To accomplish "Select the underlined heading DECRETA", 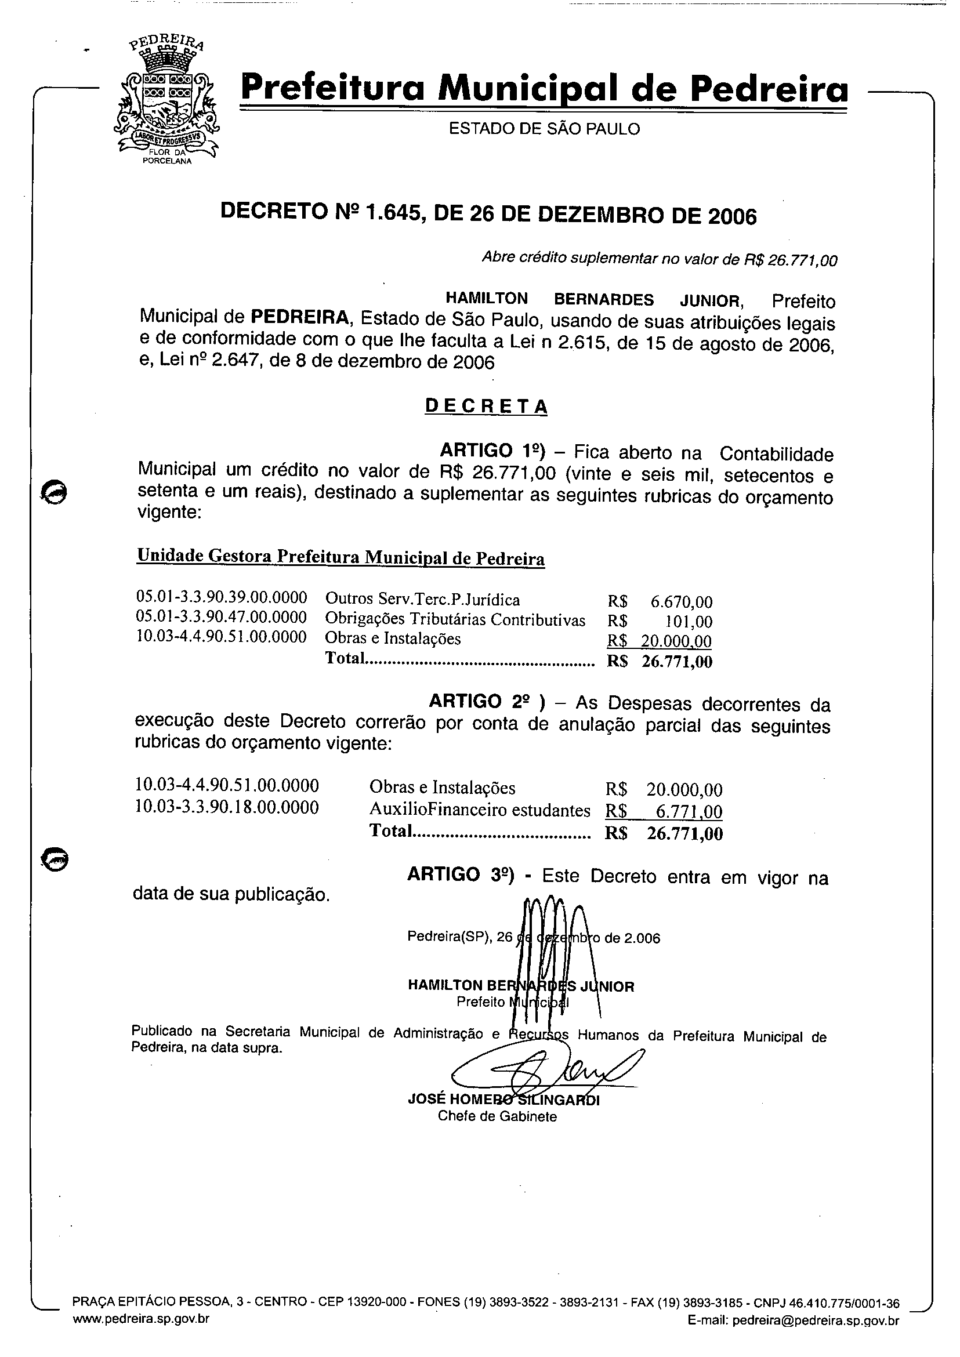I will (486, 407).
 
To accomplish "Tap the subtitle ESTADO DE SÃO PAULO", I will (544, 129).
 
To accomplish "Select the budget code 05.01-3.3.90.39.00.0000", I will (222, 597).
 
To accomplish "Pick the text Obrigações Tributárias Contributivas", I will (455, 619).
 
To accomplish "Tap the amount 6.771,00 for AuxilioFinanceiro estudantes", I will (689, 811).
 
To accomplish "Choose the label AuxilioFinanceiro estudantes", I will (479, 810).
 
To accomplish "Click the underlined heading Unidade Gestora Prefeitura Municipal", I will (340, 557).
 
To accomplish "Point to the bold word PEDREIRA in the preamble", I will (300, 317).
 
